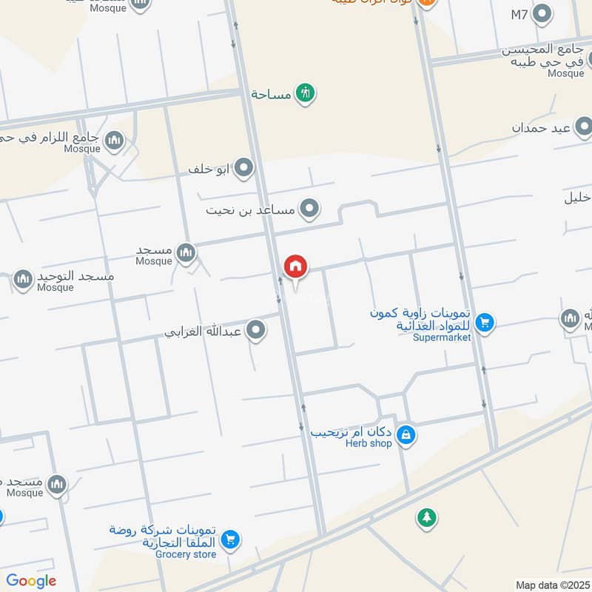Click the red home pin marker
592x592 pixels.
296,266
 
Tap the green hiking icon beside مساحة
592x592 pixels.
305,93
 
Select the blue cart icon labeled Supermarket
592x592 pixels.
485,322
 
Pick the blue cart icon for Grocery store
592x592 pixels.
230,539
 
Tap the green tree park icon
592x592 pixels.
425,517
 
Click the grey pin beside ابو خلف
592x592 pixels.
243,169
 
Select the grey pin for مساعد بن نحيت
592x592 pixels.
309,209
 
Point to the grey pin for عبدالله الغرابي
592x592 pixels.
256,330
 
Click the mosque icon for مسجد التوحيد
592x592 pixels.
23,280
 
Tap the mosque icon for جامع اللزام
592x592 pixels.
113,140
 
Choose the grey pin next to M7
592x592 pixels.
543,14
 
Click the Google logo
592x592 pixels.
30,581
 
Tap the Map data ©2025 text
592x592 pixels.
552,585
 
